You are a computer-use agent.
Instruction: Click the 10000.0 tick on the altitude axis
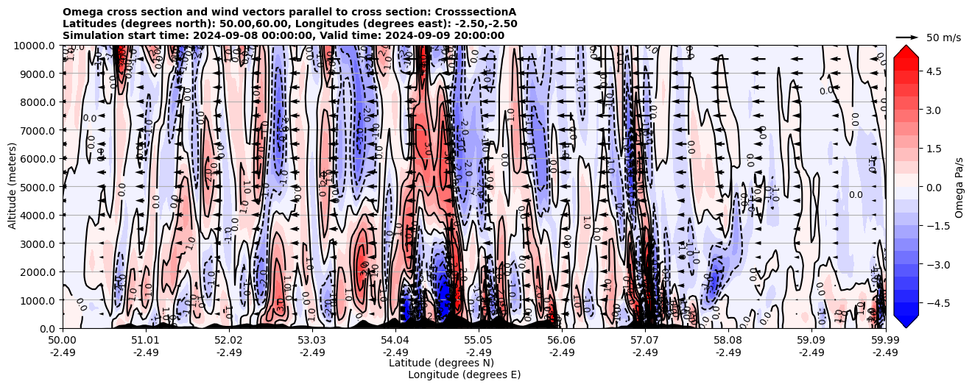[x=36, y=46]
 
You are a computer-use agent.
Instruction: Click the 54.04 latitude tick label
[x=395, y=341]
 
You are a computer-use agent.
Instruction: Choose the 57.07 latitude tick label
[x=645, y=341]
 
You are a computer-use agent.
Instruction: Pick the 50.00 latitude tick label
[x=63, y=341]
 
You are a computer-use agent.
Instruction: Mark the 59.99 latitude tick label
[x=885, y=341]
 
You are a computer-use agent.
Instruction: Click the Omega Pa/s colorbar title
[x=959, y=188]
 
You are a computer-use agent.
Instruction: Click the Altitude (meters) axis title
[x=13, y=186]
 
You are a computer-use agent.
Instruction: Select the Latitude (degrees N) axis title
[x=441, y=363]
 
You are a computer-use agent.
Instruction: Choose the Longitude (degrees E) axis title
[x=464, y=374]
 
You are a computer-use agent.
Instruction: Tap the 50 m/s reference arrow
[x=906, y=37]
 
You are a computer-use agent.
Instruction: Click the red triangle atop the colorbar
[x=906, y=50]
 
